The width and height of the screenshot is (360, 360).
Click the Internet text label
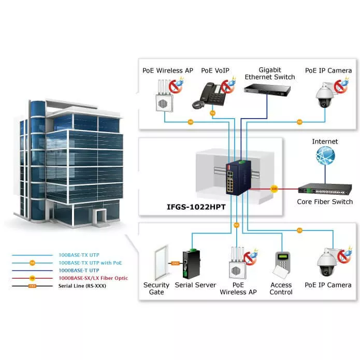(325, 141)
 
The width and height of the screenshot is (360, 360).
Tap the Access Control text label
(281, 289)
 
